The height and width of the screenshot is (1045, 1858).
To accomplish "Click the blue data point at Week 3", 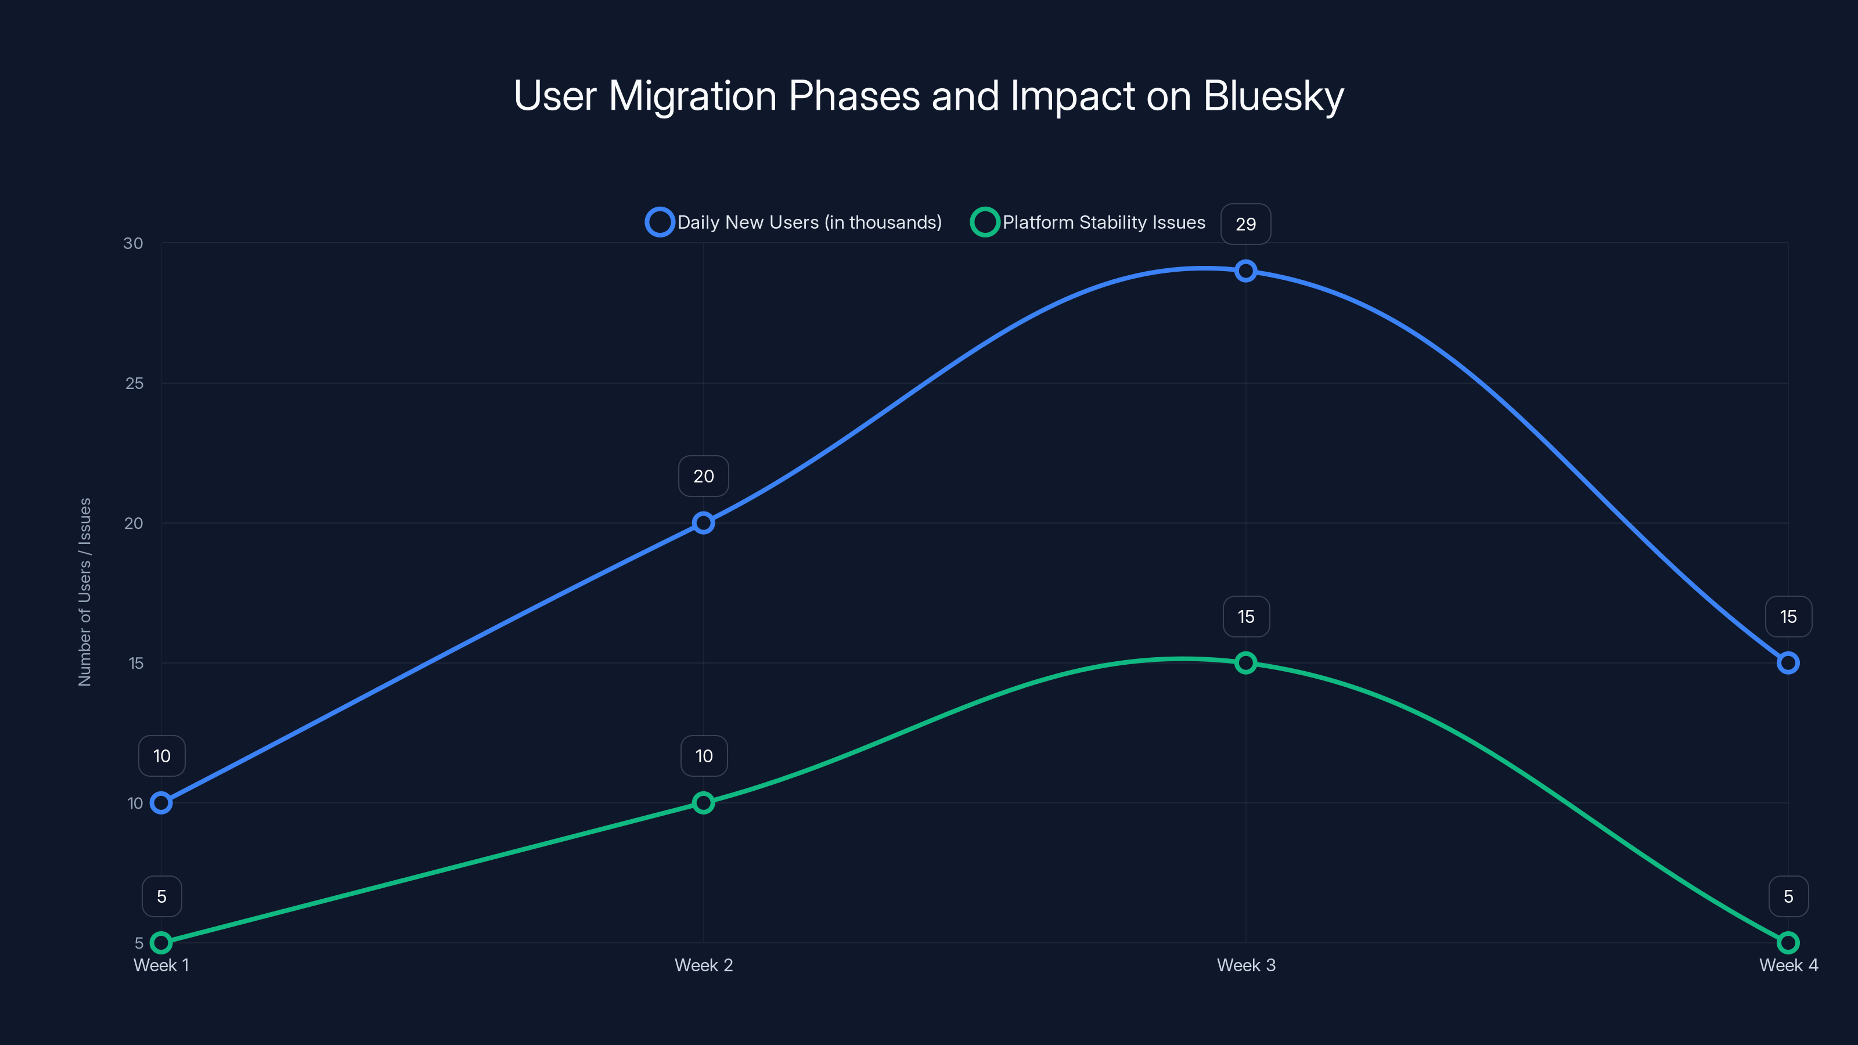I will [x=1245, y=271].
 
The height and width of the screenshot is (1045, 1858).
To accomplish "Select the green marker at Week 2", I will [x=703, y=803].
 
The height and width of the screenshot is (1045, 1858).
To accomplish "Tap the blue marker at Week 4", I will [x=1788, y=663].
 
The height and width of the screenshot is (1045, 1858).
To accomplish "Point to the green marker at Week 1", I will [x=161, y=943].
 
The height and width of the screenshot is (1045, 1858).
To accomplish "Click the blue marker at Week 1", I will [x=161, y=803].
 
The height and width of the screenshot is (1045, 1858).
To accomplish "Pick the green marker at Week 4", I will [x=1788, y=943].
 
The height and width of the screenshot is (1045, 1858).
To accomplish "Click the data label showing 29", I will [x=1245, y=224].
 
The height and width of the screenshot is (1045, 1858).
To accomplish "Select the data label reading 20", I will [x=703, y=476].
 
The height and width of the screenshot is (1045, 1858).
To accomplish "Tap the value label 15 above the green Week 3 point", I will [x=1245, y=617].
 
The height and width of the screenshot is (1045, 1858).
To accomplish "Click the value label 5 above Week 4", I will [x=1788, y=896].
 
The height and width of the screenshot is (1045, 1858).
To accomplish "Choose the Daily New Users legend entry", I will [x=793, y=222].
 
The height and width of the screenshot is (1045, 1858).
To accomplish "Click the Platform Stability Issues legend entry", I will [x=1089, y=222].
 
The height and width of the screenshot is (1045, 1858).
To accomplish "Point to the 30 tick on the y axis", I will [x=134, y=243].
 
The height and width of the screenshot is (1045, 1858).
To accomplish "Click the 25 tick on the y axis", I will [x=134, y=383].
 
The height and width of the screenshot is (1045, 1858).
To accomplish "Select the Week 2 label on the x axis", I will [x=703, y=965].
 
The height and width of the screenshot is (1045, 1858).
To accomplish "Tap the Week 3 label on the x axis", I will [x=1245, y=965].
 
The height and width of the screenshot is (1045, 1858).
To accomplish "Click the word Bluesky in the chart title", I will [x=1273, y=96].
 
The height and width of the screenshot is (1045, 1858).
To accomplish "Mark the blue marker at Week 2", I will [x=703, y=523].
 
